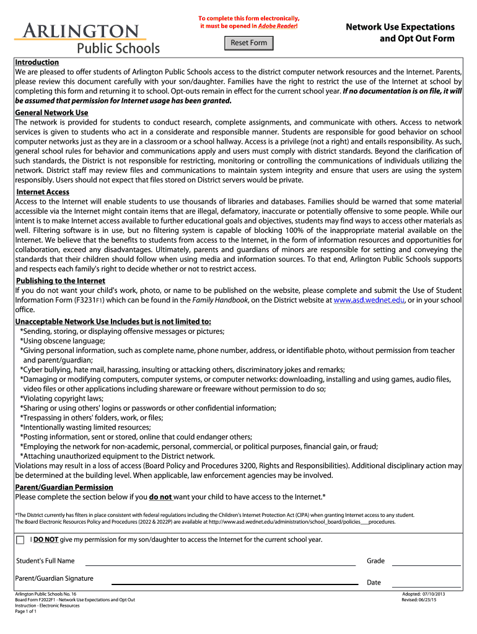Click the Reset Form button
[x=249, y=43]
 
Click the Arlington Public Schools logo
[x=87, y=38]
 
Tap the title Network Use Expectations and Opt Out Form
[x=400, y=33]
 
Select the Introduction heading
[x=37, y=63]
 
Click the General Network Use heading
[x=51, y=113]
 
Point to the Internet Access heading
[x=43, y=192]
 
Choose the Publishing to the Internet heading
[x=61, y=280]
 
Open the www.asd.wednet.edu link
[x=369, y=300]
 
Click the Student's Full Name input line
[x=220, y=561]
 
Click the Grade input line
[x=426, y=561]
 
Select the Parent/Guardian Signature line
[x=234, y=581]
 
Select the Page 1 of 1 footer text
[x=26, y=612]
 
